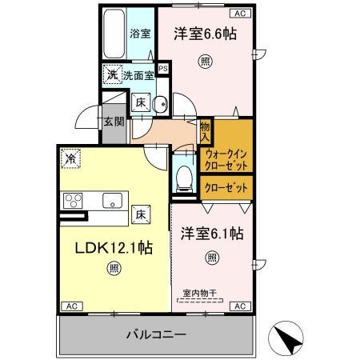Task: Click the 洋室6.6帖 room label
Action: coord(206,34)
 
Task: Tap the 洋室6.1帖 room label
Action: coord(212,234)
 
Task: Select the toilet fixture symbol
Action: coord(184,176)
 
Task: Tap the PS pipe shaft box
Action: coord(163,70)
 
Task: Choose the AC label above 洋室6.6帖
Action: coord(238,14)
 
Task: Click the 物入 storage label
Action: coord(205,129)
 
